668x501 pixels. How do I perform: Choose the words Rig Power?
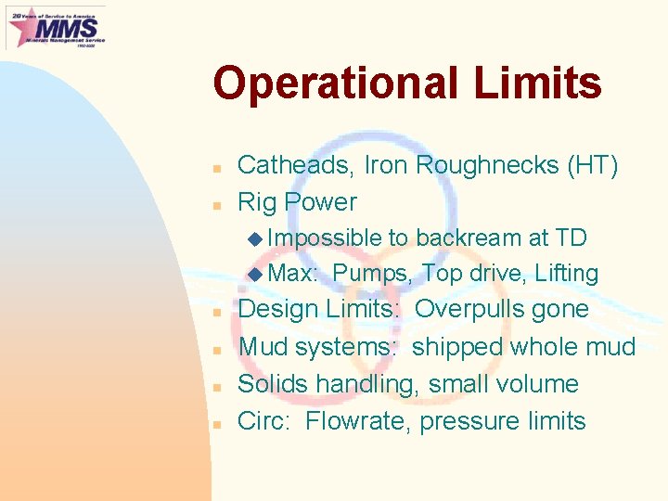pyautogui.click(x=297, y=202)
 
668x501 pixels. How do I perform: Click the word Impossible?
pyautogui.click(x=324, y=238)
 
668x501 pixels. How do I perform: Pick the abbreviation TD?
pyautogui.click(x=570, y=238)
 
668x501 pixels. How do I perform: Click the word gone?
pyautogui.click(x=559, y=309)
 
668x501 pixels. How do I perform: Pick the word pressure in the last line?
pyautogui.click(x=469, y=422)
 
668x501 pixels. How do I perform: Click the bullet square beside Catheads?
pyautogui.click(x=214, y=168)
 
